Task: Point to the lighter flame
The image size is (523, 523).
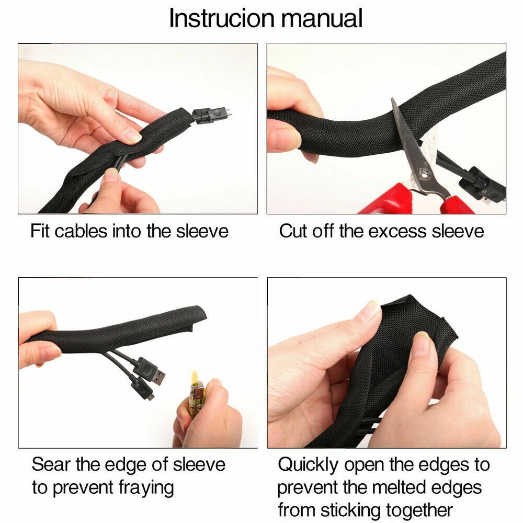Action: [x=195, y=377]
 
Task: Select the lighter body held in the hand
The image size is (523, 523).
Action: [x=196, y=399]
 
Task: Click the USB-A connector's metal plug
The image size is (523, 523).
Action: [x=159, y=378]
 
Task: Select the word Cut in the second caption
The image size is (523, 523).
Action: [x=293, y=231]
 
